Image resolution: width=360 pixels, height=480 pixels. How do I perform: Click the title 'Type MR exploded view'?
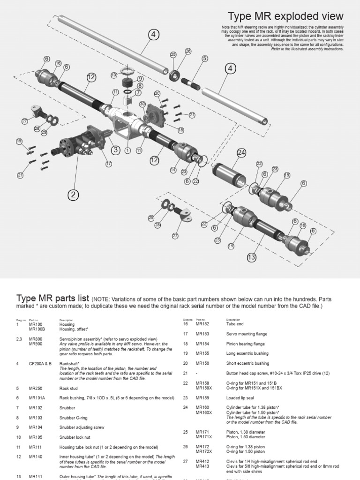click(285, 16)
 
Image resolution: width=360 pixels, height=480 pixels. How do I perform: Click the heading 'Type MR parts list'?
click(53, 299)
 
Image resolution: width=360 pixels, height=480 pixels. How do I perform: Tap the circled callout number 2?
click(73, 195)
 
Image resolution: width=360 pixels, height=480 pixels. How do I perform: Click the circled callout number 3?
click(115, 150)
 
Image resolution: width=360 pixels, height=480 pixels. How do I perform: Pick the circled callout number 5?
click(205, 59)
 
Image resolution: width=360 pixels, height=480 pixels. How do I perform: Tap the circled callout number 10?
click(114, 75)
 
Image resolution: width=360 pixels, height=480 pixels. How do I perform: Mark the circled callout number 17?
click(109, 164)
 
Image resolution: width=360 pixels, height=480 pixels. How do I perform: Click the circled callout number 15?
click(286, 175)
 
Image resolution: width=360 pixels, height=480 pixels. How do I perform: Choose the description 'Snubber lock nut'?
click(75, 437)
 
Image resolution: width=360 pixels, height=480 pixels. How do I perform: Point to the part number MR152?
click(202, 324)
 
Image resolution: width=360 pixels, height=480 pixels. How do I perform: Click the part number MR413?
click(202, 466)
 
